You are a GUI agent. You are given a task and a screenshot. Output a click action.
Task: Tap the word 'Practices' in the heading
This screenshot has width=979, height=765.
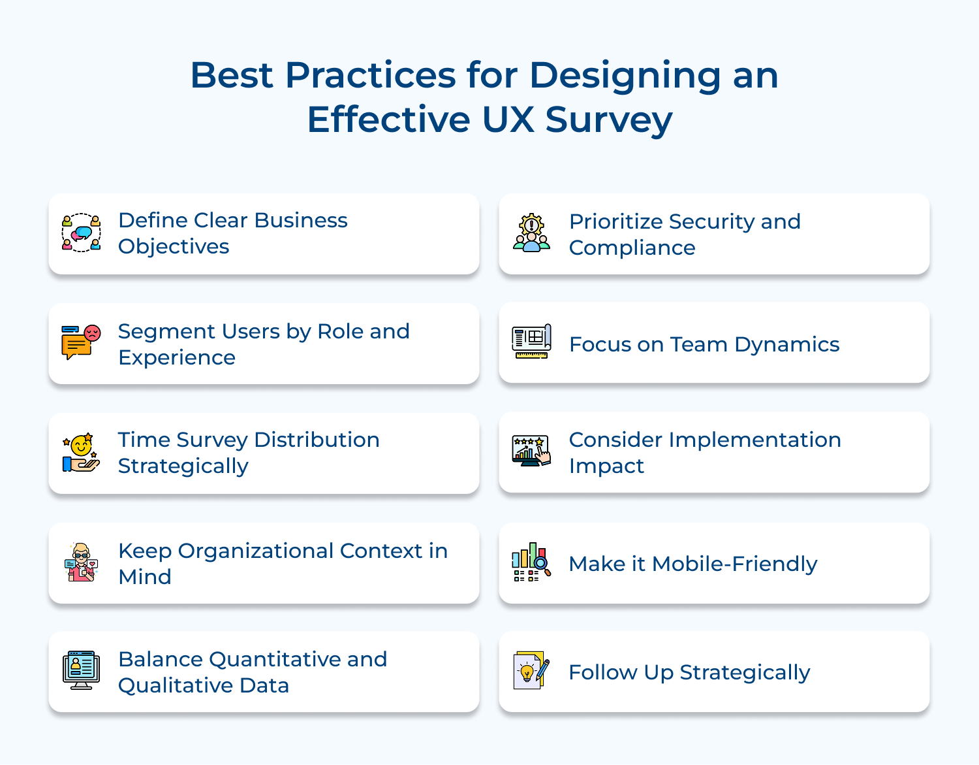[x=370, y=75]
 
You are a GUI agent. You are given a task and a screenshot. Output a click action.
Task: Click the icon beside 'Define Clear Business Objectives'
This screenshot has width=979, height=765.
[x=82, y=233]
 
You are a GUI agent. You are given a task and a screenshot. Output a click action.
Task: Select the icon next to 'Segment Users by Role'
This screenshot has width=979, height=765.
[x=82, y=342]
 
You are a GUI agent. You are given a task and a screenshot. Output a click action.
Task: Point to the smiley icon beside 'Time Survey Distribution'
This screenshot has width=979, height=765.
[x=82, y=452]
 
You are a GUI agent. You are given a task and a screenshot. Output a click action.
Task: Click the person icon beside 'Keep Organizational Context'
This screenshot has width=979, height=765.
[x=82, y=562]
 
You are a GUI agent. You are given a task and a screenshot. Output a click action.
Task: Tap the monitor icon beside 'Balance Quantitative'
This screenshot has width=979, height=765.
[x=82, y=670]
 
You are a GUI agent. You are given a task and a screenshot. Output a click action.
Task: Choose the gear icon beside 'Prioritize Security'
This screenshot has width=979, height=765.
[x=532, y=233]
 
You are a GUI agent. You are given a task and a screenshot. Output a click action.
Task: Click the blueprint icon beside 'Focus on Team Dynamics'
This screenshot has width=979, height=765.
[x=532, y=342]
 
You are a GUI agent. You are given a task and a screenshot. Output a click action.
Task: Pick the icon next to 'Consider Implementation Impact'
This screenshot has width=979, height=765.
[x=532, y=451]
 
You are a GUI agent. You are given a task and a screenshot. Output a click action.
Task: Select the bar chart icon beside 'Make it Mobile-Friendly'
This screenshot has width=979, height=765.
[x=532, y=562]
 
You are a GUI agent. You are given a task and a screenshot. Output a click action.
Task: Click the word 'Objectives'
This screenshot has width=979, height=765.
[x=174, y=247]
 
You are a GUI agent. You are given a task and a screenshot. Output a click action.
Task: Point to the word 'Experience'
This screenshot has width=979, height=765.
[x=177, y=358]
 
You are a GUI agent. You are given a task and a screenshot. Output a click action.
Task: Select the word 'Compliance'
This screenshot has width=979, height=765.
[x=632, y=248]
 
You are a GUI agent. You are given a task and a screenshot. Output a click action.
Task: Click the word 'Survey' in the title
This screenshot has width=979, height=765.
[x=608, y=120]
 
